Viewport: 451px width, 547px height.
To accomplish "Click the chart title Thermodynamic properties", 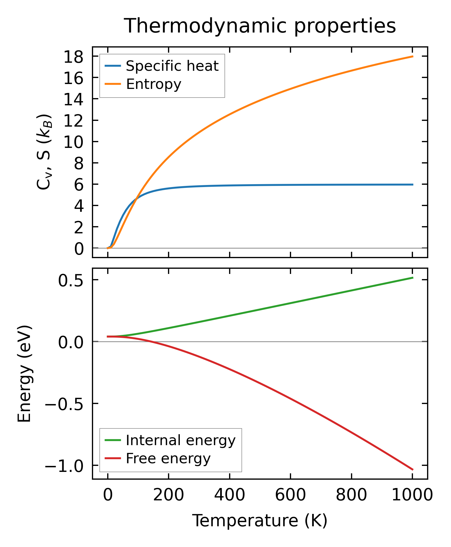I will click(x=260, y=26).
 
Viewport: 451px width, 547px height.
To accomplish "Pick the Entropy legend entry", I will click(x=153, y=84).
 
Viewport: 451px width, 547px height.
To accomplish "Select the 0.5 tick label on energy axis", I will click(x=71, y=281).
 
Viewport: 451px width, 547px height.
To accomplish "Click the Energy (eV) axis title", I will click(x=24, y=374).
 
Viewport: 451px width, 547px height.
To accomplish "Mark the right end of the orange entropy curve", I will click(x=413, y=56).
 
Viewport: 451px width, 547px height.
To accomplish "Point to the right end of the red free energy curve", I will click(x=413, y=470).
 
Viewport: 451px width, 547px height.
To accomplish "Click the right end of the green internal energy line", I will click(x=413, y=278).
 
